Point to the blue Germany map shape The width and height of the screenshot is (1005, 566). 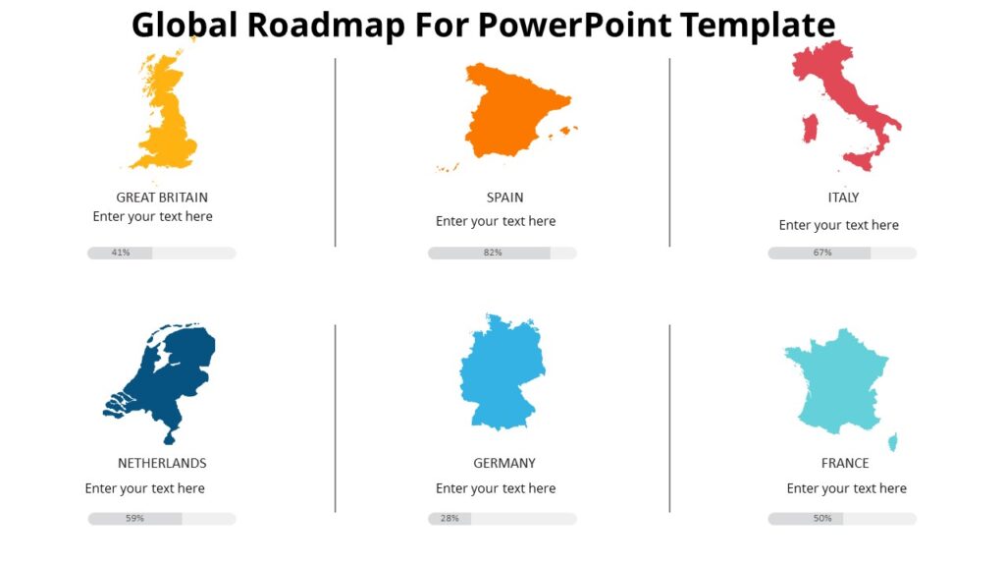502,372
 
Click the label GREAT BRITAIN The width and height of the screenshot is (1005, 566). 162,198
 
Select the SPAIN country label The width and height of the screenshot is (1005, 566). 504,198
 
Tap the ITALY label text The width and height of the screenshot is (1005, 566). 843,198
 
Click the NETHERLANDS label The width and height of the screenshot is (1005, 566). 162,463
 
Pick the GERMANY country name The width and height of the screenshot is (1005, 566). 504,463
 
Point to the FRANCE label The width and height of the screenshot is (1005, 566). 845,463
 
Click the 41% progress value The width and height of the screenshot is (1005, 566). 121,253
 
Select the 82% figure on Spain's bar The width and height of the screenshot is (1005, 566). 493,253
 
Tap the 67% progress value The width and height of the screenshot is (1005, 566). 822,253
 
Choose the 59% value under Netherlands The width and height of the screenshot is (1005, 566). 134,518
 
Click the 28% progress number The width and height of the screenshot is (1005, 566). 450,518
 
